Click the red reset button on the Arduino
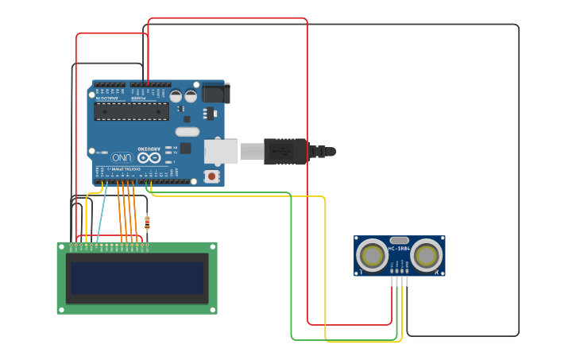(211, 176)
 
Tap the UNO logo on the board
(122, 157)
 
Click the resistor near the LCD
(147, 223)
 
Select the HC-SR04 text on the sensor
(399, 249)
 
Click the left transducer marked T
(372, 255)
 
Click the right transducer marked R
(427, 255)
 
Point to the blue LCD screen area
(137, 278)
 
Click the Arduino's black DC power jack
(215, 94)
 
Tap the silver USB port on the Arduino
(221, 151)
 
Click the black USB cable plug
(285, 151)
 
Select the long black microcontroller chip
(131, 111)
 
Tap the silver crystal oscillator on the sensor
(400, 240)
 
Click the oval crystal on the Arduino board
(187, 131)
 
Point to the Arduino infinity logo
(148, 157)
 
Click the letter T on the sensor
(361, 273)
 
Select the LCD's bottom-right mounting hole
(213, 310)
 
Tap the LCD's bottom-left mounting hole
(61, 310)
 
